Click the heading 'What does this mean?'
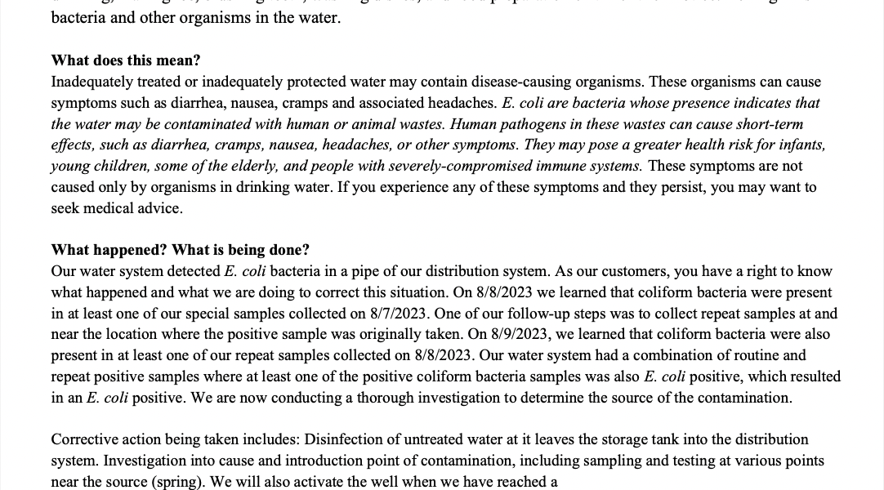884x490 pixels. coord(126,60)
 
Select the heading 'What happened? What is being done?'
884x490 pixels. coord(181,250)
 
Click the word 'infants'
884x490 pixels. coord(797,145)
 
